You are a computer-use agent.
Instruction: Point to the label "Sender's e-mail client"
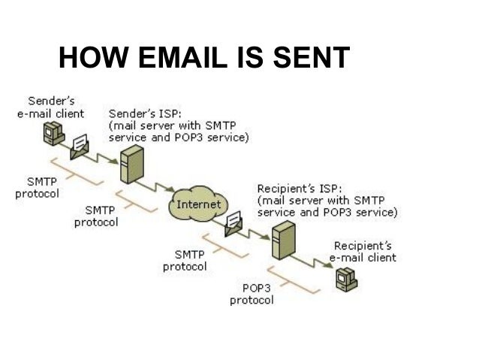(x=50, y=107)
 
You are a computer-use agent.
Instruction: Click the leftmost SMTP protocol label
(x=35, y=188)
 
